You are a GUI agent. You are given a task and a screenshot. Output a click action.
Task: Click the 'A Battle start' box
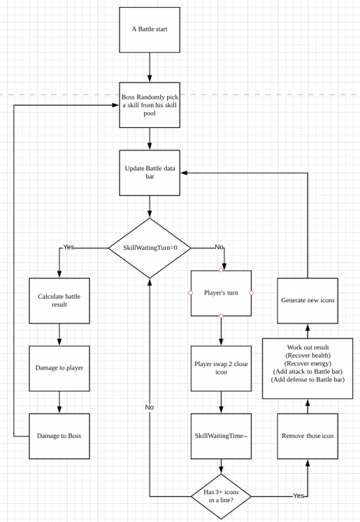[150, 30]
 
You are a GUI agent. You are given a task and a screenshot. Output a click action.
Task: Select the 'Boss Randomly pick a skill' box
[150, 105]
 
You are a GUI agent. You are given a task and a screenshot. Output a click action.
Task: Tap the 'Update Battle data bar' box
[150, 173]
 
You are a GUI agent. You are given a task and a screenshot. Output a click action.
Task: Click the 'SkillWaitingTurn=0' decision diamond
[150, 248]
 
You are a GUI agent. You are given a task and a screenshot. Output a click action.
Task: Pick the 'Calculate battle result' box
[59, 301]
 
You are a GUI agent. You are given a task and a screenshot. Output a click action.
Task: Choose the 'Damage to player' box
[59, 368]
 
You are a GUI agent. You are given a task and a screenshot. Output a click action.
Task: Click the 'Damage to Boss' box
[59, 436]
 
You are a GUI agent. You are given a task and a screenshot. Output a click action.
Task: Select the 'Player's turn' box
[221, 293]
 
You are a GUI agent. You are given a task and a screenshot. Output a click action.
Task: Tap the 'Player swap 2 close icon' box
[221, 368]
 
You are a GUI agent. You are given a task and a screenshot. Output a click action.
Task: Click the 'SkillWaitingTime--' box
[221, 436]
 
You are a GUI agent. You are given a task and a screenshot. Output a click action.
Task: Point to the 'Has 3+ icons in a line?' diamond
[221, 496]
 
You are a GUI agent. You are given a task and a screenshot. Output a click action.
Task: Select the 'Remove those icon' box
[308, 436]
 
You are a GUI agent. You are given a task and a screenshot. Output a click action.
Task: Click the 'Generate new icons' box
[308, 301]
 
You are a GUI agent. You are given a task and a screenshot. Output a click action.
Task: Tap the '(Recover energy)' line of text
[308, 363]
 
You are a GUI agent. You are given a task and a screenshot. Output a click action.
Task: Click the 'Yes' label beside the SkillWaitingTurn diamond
[69, 247]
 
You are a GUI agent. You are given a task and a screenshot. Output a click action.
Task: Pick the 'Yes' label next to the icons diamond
[299, 496]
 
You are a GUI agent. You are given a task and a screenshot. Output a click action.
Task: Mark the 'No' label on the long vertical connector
[150, 407]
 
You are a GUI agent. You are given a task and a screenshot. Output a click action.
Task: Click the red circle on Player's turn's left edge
[191, 293]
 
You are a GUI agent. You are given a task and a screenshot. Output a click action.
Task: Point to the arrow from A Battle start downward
[150, 68]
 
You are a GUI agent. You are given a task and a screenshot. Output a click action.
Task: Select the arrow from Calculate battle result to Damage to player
[59, 335]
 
